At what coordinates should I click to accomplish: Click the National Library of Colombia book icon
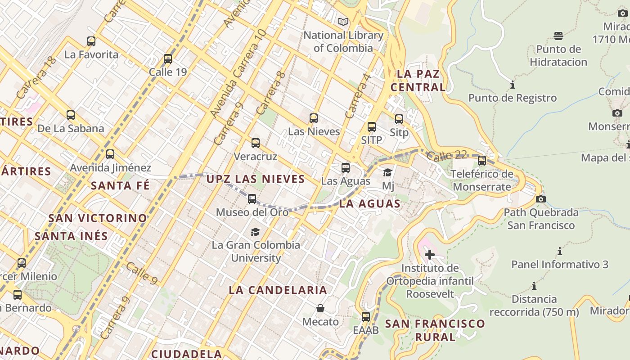pos(343,22)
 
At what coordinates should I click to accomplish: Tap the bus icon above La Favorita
pos(91,41)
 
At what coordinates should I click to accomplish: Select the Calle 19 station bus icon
pos(168,58)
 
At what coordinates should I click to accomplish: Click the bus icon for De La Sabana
pos(71,115)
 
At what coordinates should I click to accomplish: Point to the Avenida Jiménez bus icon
pos(110,154)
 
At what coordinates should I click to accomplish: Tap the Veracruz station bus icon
pos(256,143)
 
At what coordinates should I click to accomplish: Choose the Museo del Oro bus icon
pos(252,198)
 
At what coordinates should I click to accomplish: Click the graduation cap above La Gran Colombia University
pos(255,232)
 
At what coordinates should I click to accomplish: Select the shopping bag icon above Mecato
pos(320,308)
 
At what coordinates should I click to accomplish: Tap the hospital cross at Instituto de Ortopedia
pos(429,255)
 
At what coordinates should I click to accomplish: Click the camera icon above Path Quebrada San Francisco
pos(541,199)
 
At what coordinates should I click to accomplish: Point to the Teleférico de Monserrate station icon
pos(482,160)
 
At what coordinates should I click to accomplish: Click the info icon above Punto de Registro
pos(512,85)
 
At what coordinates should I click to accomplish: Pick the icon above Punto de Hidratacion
pos(558,36)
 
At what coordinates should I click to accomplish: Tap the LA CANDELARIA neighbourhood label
pos(278,290)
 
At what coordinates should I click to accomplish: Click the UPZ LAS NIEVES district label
pos(256,179)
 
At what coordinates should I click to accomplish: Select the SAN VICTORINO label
pos(98,218)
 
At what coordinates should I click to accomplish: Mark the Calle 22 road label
pos(446,155)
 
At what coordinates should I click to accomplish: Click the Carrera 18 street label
pos(36,77)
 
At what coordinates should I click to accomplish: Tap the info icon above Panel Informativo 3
pos(560,251)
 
